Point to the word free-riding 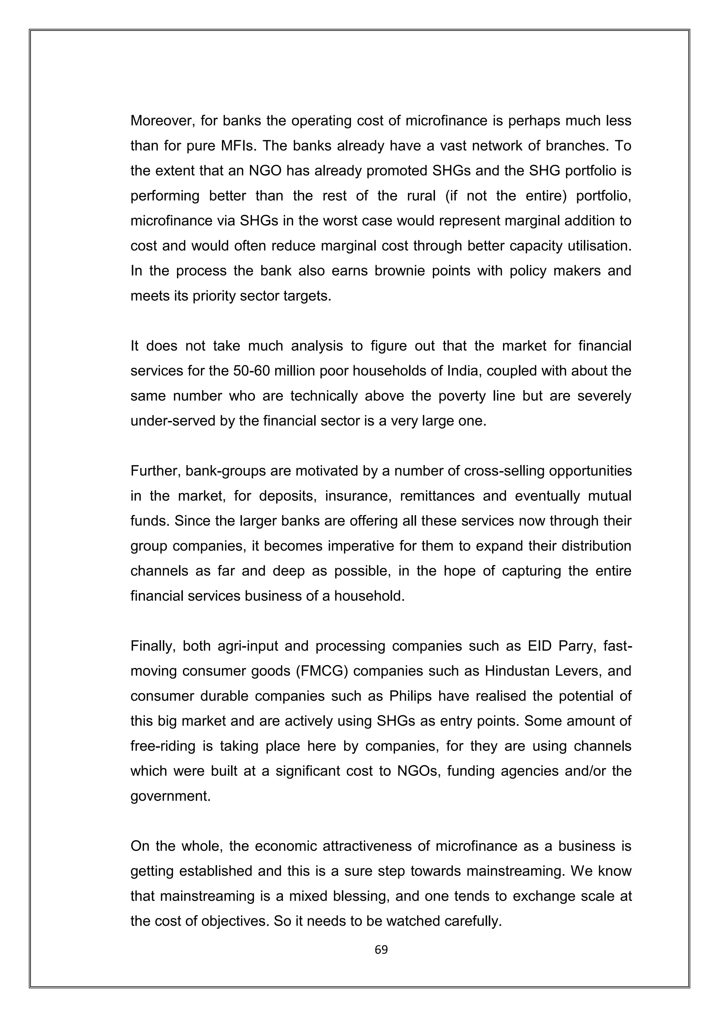point(163,746)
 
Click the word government point(170,796)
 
